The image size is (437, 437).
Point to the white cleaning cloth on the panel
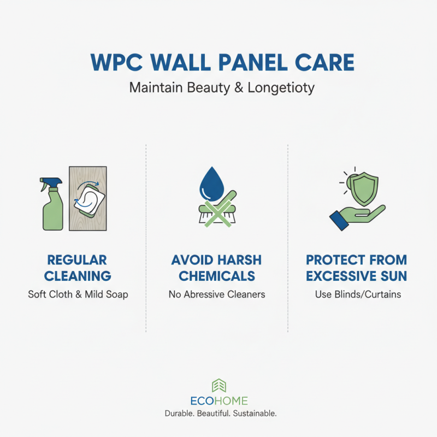(88, 196)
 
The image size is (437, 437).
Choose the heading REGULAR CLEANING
(77, 267)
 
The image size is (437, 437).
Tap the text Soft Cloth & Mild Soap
(78, 294)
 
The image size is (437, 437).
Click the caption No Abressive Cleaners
(217, 294)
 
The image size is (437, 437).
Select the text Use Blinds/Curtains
(358, 294)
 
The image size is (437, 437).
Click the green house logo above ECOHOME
(218, 385)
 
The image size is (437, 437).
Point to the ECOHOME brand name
(218, 400)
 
